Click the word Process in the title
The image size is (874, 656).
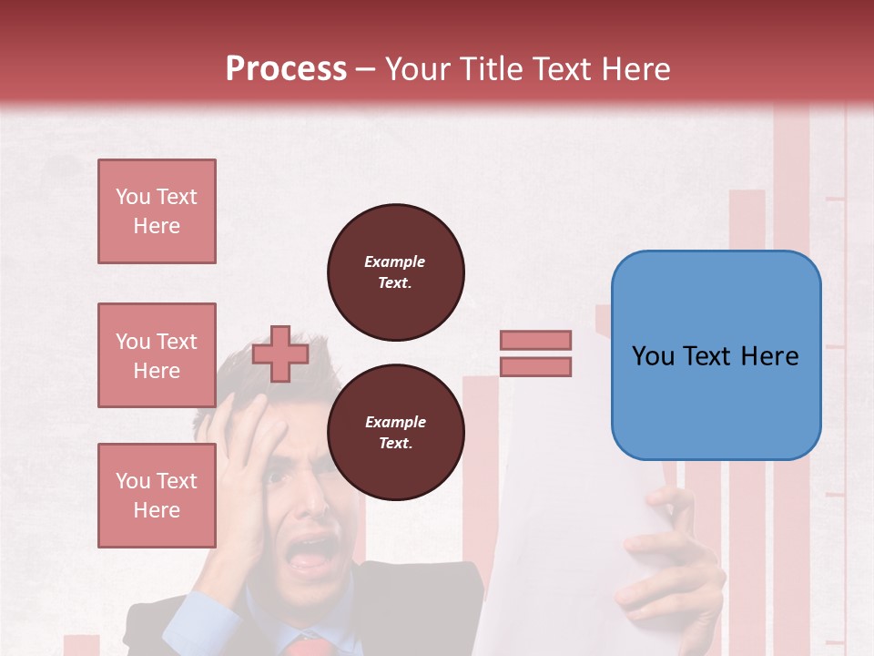[286, 69]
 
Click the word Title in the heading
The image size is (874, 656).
[489, 69]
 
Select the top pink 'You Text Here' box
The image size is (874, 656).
[157, 211]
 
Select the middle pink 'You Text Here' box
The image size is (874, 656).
[157, 355]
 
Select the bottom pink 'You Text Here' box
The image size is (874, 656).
[157, 496]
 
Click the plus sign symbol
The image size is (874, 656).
[280, 354]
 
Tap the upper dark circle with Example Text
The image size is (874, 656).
[396, 272]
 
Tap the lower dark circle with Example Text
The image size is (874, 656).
[396, 433]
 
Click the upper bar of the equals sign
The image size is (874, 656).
[536, 340]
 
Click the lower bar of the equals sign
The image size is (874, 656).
[536, 367]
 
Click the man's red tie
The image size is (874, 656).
[308, 647]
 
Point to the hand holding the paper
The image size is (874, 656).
[669, 556]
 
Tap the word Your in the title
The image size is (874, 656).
[417, 69]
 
